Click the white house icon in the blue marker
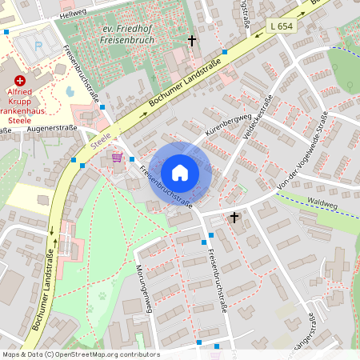pyautogui.click(x=180, y=173)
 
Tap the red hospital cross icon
pyautogui.click(x=20, y=81)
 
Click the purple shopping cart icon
pyautogui.click(x=117, y=157)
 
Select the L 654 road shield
pyautogui.click(x=282, y=26)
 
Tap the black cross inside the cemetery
pyautogui.click(x=191, y=40)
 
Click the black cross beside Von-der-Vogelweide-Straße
pyautogui.click(x=234, y=217)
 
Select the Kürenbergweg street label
pyautogui.click(x=207, y=129)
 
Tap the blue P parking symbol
pyautogui.click(x=40, y=46)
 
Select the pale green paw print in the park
pyautogui.click(x=102, y=294)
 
